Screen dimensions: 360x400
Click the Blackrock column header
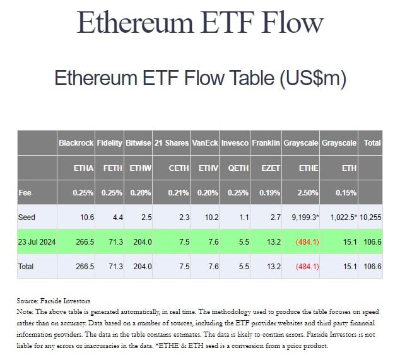click(x=76, y=143)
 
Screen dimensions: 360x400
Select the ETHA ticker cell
click(x=84, y=168)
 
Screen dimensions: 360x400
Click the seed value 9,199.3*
click(x=300, y=218)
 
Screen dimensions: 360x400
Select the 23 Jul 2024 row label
click(x=37, y=242)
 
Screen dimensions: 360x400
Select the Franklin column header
click(x=266, y=143)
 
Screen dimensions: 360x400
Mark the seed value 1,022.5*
click(x=339, y=218)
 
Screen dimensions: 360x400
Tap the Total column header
click(x=372, y=143)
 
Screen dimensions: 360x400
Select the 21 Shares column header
click(x=172, y=143)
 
